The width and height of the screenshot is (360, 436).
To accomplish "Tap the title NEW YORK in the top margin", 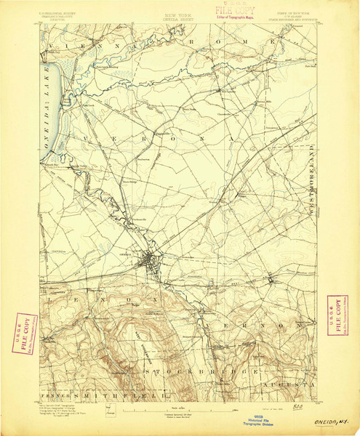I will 180,14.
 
